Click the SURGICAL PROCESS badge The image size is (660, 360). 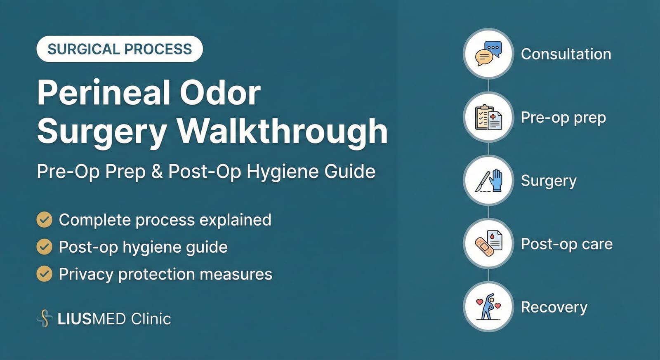pyautogui.click(x=120, y=49)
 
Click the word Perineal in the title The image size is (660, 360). pyautogui.click(x=104, y=93)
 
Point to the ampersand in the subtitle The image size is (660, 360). pyautogui.click(x=157, y=172)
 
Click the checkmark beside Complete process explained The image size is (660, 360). pyautogui.click(x=45, y=220)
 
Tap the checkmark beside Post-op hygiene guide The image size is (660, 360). pyautogui.click(x=45, y=247)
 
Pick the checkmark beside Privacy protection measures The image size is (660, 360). pyautogui.click(x=45, y=274)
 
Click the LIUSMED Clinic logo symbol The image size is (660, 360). pyautogui.click(x=45, y=318)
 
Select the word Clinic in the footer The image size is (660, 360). pyautogui.click(x=151, y=319)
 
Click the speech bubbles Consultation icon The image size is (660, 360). pyautogui.click(x=488, y=54)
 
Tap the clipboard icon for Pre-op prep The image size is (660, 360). pyautogui.click(x=488, y=117)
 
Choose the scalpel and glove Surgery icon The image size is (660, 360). pyautogui.click(x=488, y=181)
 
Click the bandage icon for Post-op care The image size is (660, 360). pyautogui.click(x=488, y=244)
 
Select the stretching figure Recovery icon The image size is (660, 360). pyautogui.click(x=488, y=307)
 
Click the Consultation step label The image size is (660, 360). pyautogui.click(x=566, y=54)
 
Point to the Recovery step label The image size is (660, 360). pyautogui.click(x=554, y=307)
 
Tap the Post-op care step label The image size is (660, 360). pyautogui.click(x=566, y=244)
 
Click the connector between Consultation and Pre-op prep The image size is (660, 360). pyautogui.click(x=488, y=85)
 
